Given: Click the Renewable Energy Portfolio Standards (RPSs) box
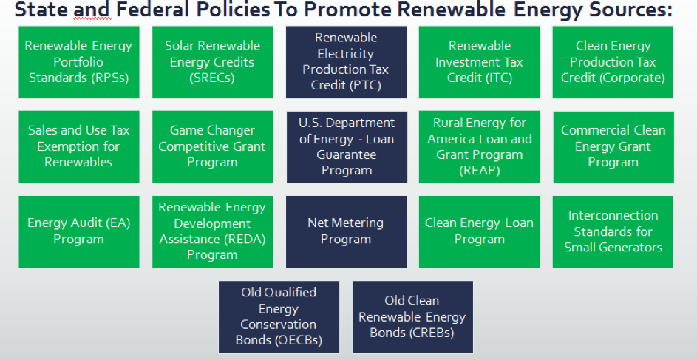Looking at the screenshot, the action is tap(78, 62).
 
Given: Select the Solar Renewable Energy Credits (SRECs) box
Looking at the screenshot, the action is tap(212, 62).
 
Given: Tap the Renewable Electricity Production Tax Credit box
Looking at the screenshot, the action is tap(346, 62).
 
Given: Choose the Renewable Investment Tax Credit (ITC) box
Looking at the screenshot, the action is tap(480, 62).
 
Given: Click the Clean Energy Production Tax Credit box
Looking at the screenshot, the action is tap(613, 62).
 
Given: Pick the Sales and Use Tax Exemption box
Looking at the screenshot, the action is tap(78, 146).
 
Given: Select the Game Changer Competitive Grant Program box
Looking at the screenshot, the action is tap(212, 146).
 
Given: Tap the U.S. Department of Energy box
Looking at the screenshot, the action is tap(347, 146).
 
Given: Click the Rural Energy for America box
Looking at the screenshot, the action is tap(480, 146).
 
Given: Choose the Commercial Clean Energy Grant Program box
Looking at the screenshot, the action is tap(613, 146).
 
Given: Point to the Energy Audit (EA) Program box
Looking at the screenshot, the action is tap(78, 232).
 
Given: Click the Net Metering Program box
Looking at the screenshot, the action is tap(346, 232).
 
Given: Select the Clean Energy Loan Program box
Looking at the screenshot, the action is tap(480, 232).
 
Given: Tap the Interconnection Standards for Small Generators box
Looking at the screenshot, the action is tap(613, 232).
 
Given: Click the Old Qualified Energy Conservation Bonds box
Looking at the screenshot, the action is tap(279, 317).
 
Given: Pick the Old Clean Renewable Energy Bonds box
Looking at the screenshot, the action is tap(412, 317).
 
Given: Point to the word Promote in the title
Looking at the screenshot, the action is tap(348, 10).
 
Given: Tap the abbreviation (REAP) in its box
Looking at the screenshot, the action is tap(480, 171).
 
